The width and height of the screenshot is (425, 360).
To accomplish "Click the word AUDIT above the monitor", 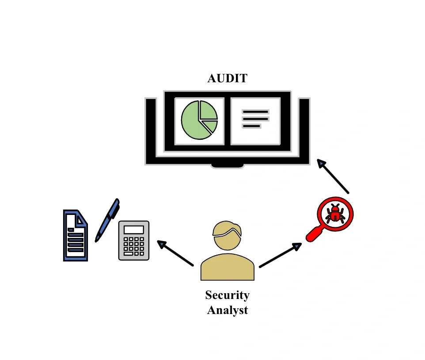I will [x=228, y=79].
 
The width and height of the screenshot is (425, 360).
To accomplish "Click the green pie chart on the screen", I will [x=199, y=120].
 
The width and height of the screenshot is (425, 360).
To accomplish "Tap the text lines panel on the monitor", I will [x=255, y=119].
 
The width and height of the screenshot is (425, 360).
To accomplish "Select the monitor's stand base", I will [x=228, y=165].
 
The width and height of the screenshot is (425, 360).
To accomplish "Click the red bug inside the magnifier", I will [x=336, y=214].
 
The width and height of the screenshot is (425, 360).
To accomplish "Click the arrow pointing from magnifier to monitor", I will [x=334, y=176].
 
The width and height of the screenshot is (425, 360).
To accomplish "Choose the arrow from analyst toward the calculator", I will [x=176, y=253].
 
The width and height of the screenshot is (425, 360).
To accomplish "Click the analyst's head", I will [x=227, y=234].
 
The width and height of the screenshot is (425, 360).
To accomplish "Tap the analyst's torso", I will [x=227, y=268].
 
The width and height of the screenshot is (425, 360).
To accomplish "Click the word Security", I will [x=227, y=295].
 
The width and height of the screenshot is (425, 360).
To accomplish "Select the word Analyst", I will [x=227, y=310].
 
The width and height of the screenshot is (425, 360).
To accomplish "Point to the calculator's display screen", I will [x=134, y=230].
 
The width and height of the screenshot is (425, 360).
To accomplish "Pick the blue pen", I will [x=107, y=220].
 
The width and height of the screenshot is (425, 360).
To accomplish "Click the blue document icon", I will [x=75, y=236].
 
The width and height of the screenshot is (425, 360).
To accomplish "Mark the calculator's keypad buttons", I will [x=134, y=246].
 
